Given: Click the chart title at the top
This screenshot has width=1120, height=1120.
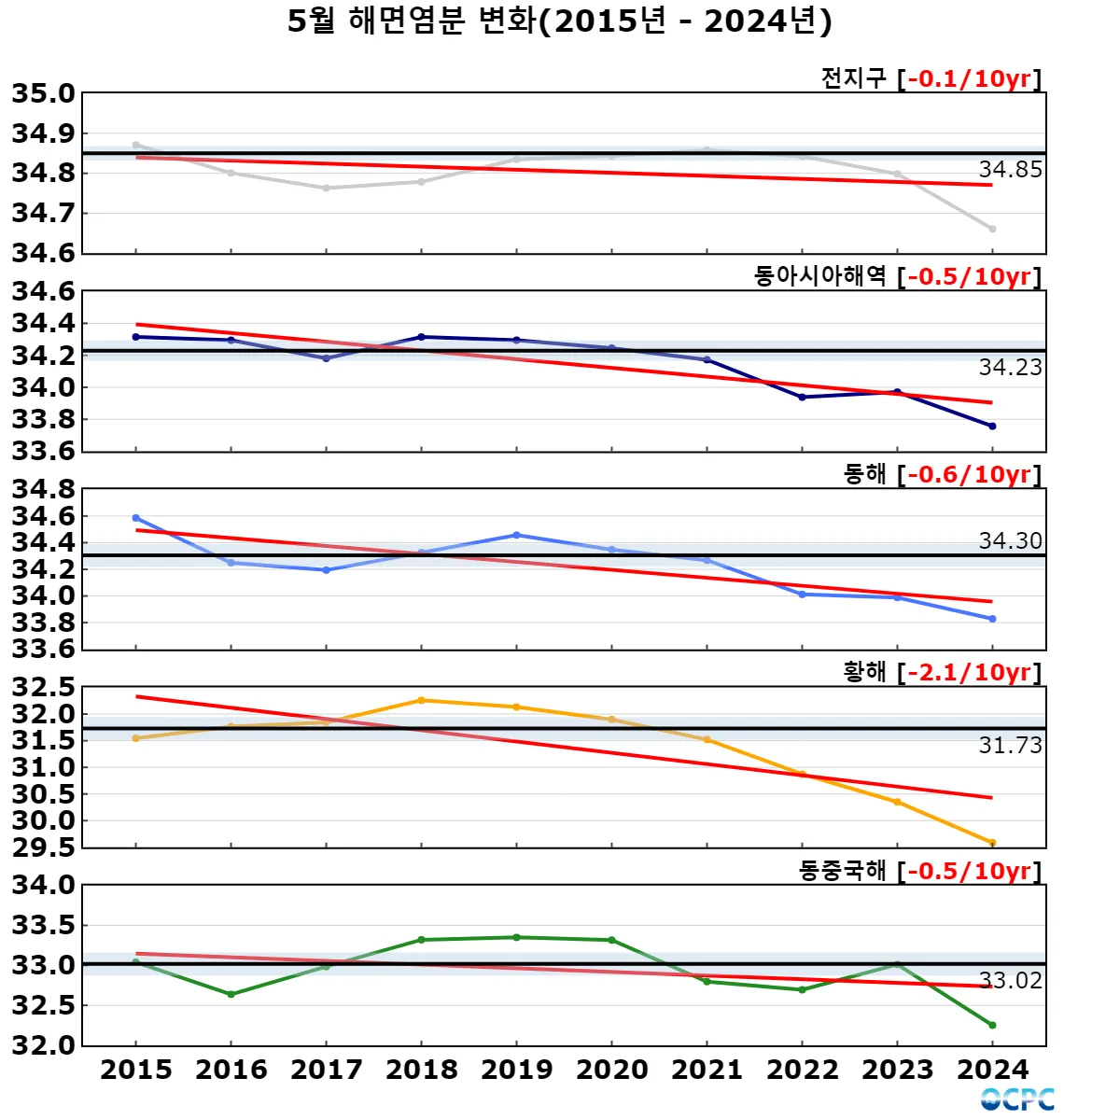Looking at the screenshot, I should pos(559,21).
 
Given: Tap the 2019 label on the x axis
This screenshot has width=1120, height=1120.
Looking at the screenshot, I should pos(517,1070).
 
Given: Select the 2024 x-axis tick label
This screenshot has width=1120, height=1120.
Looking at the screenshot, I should pos(992,1070).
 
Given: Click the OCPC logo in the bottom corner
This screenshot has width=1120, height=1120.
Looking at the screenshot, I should pos(1017,1099).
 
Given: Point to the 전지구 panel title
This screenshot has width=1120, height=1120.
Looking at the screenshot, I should pos(853,78).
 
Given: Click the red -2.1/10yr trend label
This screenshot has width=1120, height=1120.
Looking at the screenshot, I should pos(969,672).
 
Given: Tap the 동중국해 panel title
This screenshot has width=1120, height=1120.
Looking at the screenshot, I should pos(842,871).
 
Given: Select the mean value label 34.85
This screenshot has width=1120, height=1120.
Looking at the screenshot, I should pos(1010,170).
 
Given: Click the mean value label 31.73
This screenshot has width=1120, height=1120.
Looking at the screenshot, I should pos(1010,746).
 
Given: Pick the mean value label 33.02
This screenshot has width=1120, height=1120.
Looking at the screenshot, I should pos(1010,981).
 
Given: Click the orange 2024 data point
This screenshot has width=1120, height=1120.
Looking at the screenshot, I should pos(992,843).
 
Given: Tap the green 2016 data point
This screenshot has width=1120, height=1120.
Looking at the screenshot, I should pos(231,994).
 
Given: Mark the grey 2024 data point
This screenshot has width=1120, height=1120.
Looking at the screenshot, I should pos(992,229).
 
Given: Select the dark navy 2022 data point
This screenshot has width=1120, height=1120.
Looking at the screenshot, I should pos(802,398).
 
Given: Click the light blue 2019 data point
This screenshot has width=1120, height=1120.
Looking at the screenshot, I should pos(517,535).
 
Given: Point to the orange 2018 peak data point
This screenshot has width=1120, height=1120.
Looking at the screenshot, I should pos(422,700).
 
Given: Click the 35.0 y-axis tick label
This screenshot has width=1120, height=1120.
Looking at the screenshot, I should pos(43,93).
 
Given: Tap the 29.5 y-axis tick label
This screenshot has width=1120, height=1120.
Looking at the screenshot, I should pos(43,847).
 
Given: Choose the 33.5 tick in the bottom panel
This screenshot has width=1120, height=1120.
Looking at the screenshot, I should pos(43,925).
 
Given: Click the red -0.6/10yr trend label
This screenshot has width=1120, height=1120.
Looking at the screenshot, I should pos(969,474).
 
